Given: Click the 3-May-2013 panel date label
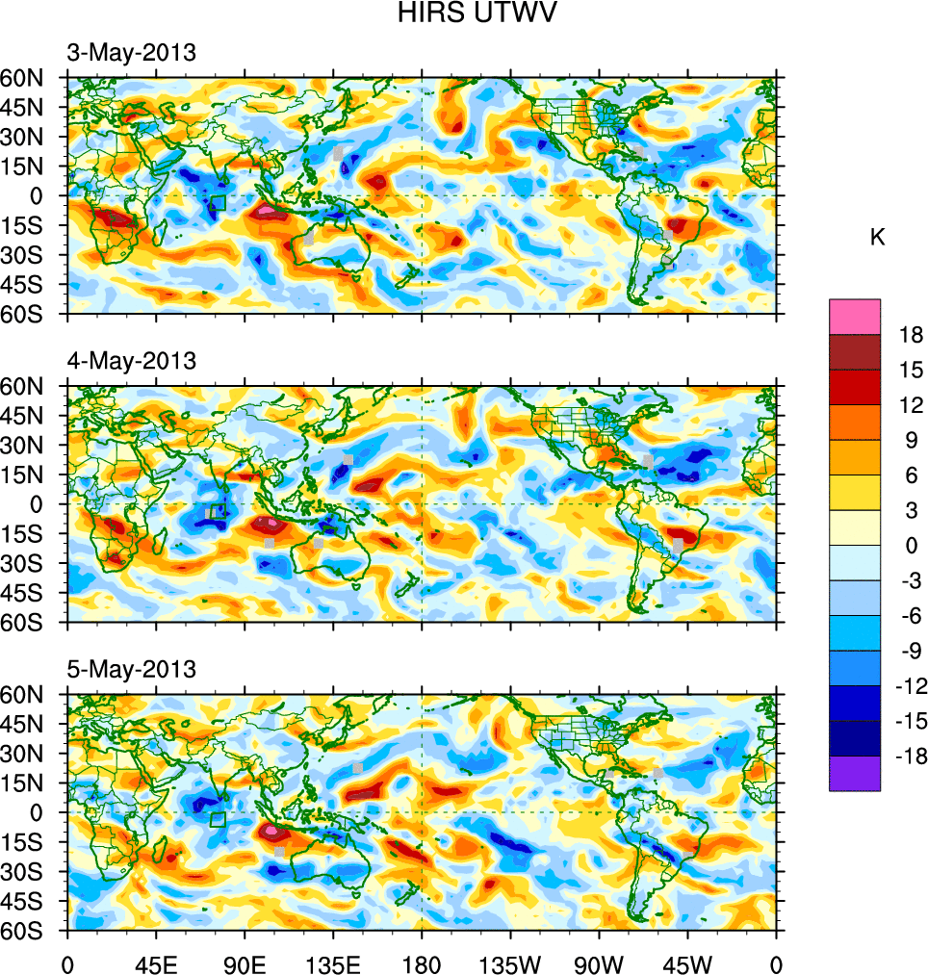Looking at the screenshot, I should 131,53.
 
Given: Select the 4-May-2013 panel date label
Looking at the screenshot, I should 131,361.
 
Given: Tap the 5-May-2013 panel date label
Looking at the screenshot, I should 131,669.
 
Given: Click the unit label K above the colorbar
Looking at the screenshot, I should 877,238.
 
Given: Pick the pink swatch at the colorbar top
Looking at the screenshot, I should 855,316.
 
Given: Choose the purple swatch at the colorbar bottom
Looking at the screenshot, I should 855,773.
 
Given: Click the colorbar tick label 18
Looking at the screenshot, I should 911,335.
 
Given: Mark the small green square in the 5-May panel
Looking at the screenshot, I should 218,820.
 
